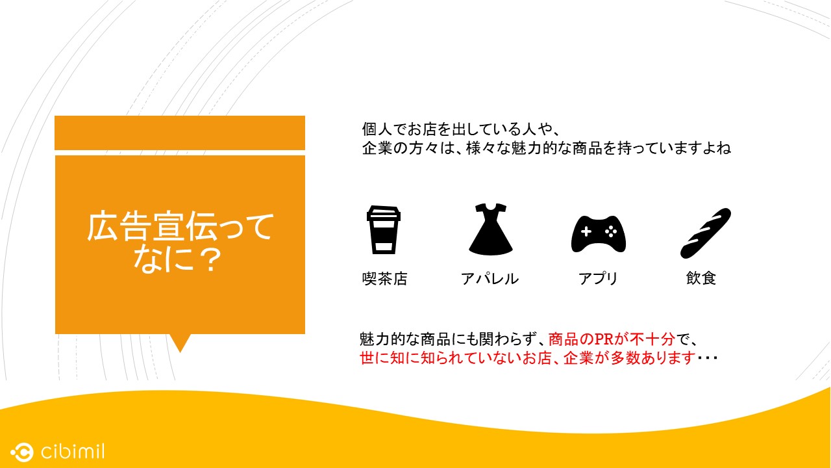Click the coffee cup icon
click(384, 229)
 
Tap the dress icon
click(490, 229)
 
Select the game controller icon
click(599, 234)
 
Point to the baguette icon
click(705, 233)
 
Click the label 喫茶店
click(385, 279)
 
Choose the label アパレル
click(490, 279)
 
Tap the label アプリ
click(598, 279)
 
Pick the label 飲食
click(701, 278)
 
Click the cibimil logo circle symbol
click(22, 452)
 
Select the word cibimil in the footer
click(73, 451)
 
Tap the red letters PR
click(604, 339)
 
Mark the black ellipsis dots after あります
click(708, 358)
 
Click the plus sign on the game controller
click(586, 232)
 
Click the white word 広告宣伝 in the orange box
click(152, 226)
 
